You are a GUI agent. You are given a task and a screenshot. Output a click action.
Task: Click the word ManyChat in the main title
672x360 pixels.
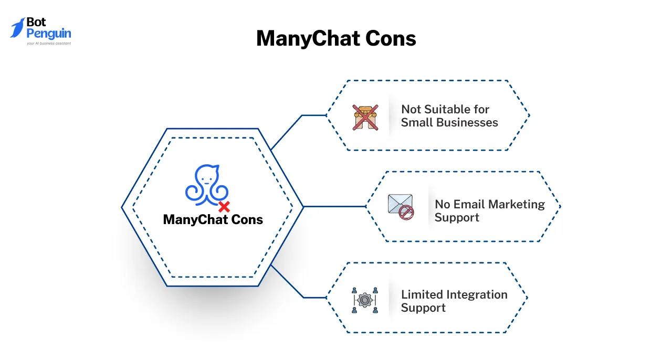(306, 39)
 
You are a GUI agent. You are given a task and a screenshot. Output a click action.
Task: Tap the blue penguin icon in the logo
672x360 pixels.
(18, 27)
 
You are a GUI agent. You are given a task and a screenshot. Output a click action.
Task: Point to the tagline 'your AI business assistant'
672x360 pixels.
(48, 44)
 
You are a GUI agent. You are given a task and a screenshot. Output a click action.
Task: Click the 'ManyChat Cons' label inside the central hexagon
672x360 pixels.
(213, 219)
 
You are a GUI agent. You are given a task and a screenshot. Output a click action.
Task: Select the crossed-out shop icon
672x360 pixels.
(365, 117)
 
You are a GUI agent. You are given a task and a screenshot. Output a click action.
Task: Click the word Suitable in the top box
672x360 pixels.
(450, 109)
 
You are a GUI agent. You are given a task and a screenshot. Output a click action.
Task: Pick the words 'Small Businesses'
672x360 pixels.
(449, 122)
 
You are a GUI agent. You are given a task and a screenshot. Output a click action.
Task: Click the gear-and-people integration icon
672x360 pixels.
(365, 300)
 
